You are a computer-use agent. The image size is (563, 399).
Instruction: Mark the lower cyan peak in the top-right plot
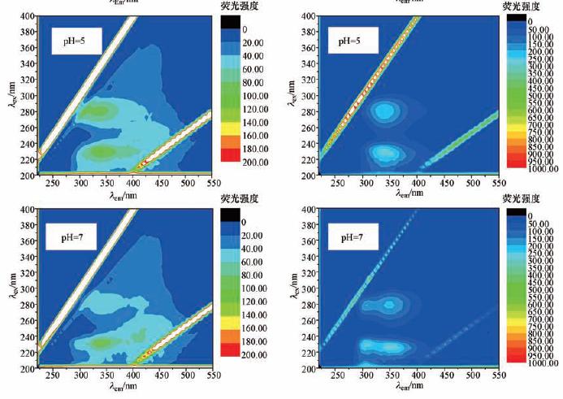point(382,152)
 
